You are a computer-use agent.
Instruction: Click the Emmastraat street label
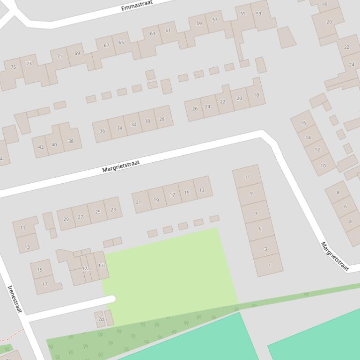click(137, 6)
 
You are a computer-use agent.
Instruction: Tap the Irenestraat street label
click(15, 299)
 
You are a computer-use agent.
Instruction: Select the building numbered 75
click(13, 67)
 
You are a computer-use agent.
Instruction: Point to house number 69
click(77, 53)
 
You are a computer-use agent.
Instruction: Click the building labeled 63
click(153, 34)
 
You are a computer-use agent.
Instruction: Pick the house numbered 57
click(215, 20)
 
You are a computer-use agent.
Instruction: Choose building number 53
click(259, 14)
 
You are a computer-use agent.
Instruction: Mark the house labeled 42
click(41, 147)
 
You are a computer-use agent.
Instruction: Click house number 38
click(71, 141)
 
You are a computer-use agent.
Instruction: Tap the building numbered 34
click(119, 128)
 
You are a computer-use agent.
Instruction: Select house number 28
click(162, 119)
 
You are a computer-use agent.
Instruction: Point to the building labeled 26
click(195, 108)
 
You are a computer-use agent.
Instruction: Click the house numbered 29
click(66, 219)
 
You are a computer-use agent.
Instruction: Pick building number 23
click(113, 210)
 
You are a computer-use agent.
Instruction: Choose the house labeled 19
click(156, 200)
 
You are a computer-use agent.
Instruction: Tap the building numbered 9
click(251, 194)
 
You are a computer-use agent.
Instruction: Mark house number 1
click(269, 265)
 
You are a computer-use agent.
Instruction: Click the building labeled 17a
click(86, 269)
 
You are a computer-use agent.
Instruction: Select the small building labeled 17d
click(100, 319)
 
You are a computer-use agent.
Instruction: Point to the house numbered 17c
click(102, 266)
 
